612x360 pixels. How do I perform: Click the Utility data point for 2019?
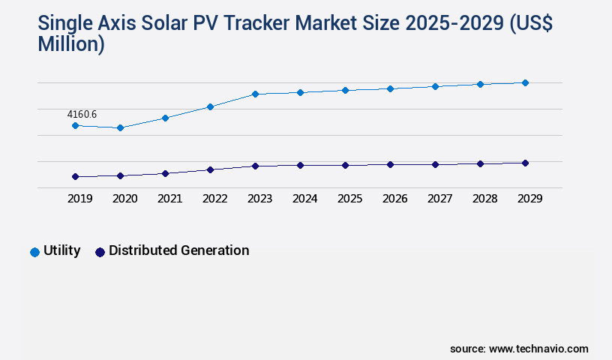tap(75, 125)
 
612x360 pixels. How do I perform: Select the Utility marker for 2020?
tap(120, 128)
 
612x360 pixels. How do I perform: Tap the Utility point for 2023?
tap(255, 94)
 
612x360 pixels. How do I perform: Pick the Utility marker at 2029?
tap(525, 82)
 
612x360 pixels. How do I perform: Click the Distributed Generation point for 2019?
tap(75, 177)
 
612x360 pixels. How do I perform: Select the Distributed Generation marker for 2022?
tap(210, 169)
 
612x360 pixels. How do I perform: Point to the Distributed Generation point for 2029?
tap(525, 163)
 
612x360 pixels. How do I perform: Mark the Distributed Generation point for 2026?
tap(390, 164)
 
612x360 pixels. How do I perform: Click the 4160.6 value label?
tap(82, 114)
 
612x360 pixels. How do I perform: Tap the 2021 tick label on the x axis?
tap(169, 199)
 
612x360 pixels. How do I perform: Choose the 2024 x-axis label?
tap(304, 199)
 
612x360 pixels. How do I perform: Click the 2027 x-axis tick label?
tap(439, 199)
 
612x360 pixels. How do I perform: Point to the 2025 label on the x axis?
tap(349, 199)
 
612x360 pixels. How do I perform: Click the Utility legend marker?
tap(34, 252)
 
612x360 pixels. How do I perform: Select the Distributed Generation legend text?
tap(178, 250)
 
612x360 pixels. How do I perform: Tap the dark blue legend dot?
tap(100, 252)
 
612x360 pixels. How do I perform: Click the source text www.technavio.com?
tap(538, 349)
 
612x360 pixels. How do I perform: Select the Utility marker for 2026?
tap(390, 88)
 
